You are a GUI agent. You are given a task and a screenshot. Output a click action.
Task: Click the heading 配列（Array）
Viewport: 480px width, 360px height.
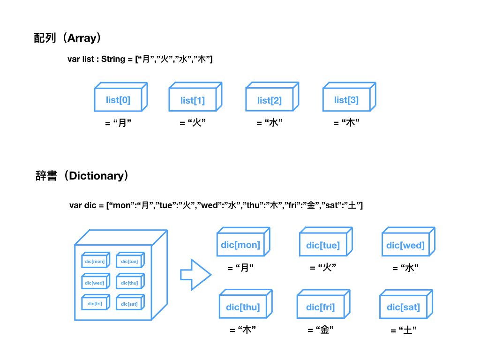67,38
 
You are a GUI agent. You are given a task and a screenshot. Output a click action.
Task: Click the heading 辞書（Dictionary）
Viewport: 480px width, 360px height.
82,176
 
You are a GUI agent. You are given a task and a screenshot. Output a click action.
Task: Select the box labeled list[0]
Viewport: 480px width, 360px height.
118,99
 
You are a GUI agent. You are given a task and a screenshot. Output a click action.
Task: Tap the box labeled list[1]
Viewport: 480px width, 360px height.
193,100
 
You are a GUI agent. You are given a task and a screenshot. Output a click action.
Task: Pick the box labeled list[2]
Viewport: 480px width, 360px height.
270,100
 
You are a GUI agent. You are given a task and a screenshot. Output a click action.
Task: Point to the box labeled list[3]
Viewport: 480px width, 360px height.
346,100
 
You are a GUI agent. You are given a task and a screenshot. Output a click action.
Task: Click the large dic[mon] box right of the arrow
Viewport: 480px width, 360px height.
240,245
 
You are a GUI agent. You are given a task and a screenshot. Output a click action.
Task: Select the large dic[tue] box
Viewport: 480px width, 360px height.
323,245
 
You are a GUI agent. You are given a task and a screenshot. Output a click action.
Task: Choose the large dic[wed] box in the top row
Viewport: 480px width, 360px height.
405,245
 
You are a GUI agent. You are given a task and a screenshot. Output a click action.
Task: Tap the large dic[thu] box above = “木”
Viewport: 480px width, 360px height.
243,307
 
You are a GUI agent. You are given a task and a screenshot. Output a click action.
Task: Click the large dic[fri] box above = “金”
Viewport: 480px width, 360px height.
321,307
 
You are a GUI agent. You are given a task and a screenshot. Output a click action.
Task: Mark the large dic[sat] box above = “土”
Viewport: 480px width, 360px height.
403,307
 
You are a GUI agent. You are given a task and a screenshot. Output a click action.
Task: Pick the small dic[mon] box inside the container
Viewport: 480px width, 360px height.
95,261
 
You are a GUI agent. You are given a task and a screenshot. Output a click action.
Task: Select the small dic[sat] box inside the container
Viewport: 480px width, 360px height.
129,304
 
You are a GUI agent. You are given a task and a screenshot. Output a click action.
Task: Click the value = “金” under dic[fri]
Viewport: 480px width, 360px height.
321,330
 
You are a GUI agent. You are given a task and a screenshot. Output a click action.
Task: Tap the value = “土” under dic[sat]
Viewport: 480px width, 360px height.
404,330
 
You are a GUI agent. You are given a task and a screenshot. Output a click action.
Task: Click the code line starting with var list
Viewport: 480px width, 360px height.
140,59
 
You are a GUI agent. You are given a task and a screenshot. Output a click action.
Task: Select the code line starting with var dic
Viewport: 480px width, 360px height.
216,205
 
